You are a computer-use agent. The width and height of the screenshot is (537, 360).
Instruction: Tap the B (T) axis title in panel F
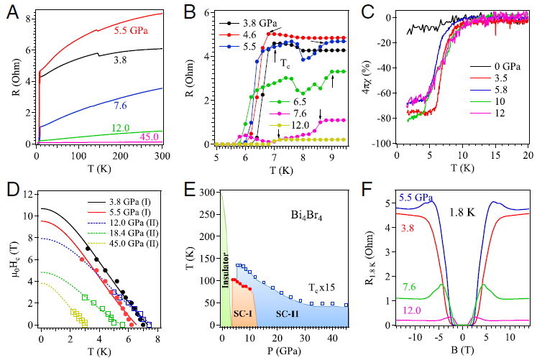pyautogui.click(x=462, y=352)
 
